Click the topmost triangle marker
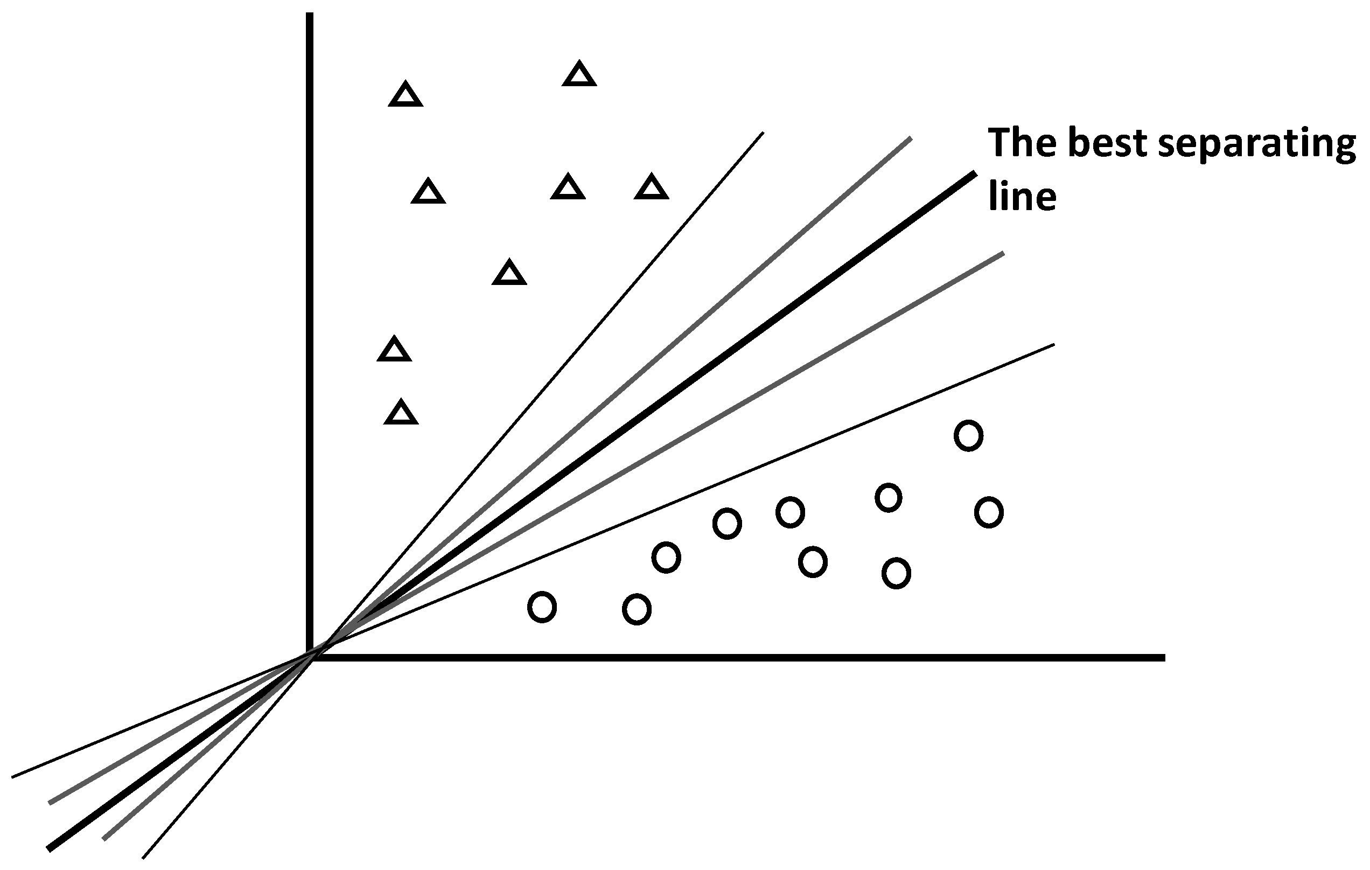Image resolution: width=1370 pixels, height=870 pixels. [x=579, y=75]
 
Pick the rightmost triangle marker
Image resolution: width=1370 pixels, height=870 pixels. [x=652, y=188]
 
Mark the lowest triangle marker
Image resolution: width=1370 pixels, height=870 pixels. [x=401, y=413]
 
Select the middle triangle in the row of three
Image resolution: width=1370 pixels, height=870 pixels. [x=568, y=188]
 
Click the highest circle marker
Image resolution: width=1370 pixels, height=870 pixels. [x=968, y=436]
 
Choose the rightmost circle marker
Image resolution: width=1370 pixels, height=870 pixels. [x=989, y=512]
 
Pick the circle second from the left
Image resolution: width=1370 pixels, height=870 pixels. [x=637, y=609]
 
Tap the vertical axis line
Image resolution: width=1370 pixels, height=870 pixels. [x=310, y=284]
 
